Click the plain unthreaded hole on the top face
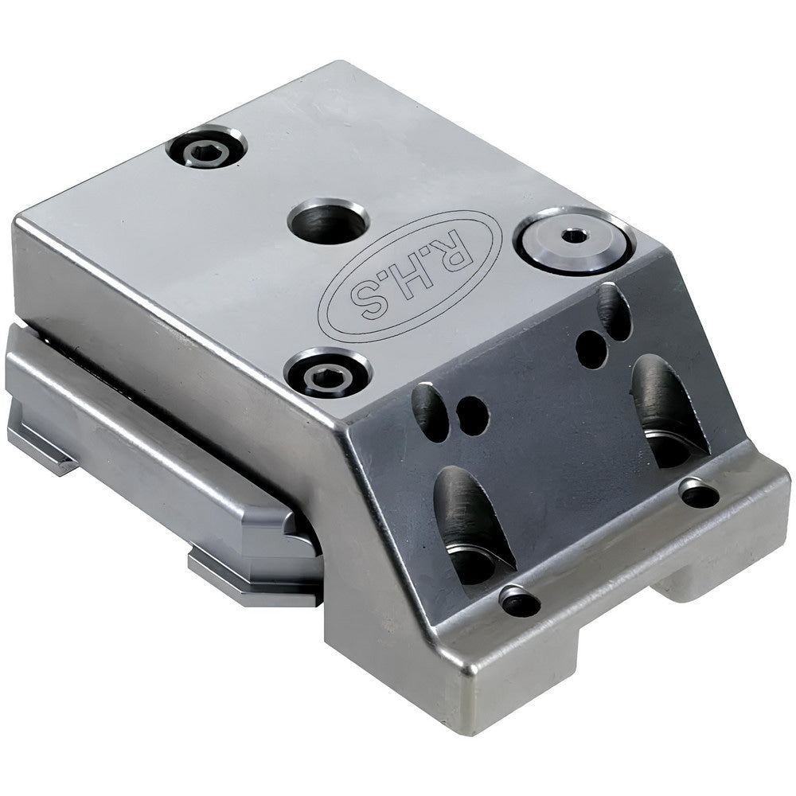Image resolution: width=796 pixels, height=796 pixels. [x=327, y=220]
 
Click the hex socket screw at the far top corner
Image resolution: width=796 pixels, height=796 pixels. [x=206, y=149]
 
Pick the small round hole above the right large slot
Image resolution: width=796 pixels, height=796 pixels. [x=591, y=349]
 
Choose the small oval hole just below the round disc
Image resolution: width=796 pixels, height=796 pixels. [x=614, y=309]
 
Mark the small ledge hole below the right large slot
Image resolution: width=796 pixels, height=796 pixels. [x=700, y=494]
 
